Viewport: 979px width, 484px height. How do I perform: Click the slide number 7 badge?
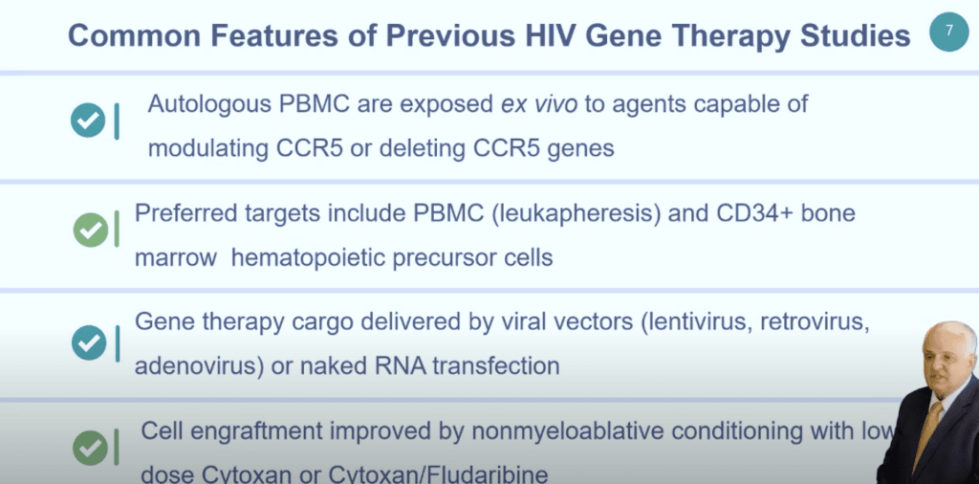pyautogui.click(x=948, y=32)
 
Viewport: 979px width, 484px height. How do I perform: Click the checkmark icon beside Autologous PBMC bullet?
pyautogui.click(x=88, y=121)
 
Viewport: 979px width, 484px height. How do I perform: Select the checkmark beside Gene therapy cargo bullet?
pyautogui.click(x=89, y=341)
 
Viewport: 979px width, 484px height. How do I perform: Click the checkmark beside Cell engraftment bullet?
pyautogui.click(x=90, y=446)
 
